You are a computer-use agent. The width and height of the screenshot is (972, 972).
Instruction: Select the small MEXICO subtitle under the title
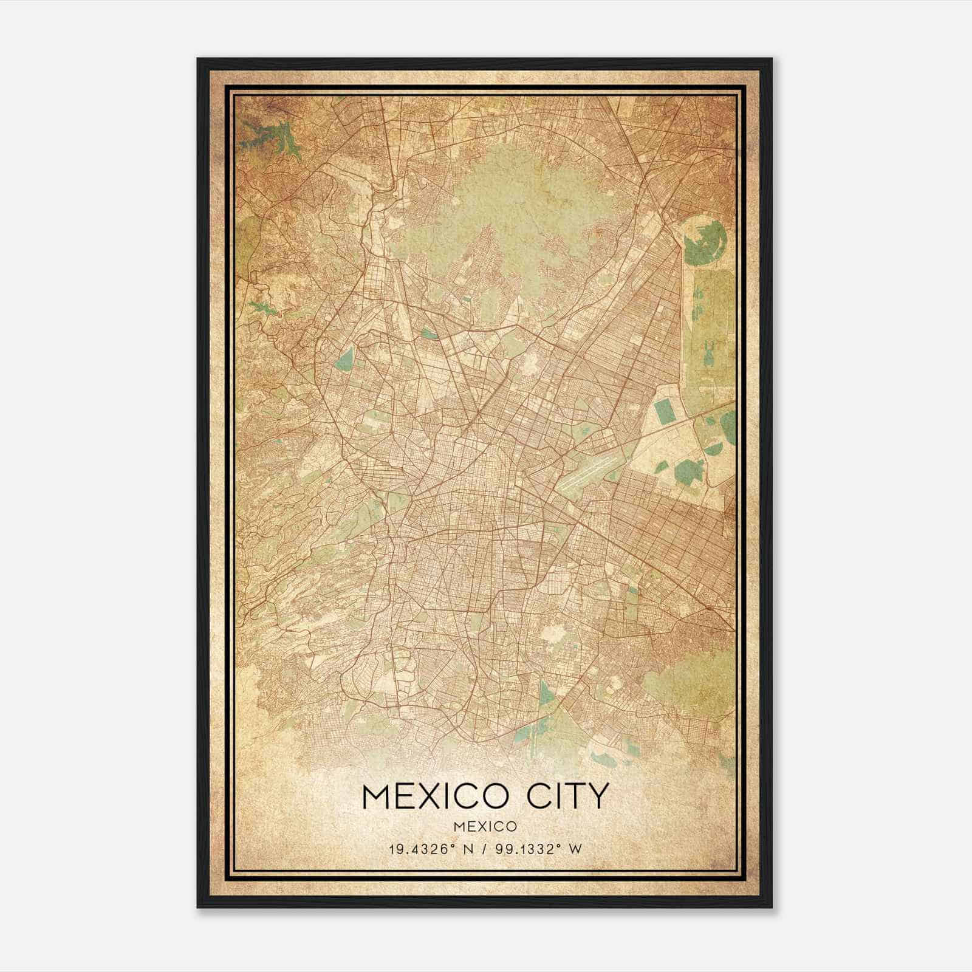[485, 826]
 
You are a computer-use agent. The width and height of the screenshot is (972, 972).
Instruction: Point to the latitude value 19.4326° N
[428, 849]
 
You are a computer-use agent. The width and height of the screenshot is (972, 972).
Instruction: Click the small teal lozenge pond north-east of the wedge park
[430, 333]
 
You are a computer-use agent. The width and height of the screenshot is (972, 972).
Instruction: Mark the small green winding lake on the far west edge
[261, 307]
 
